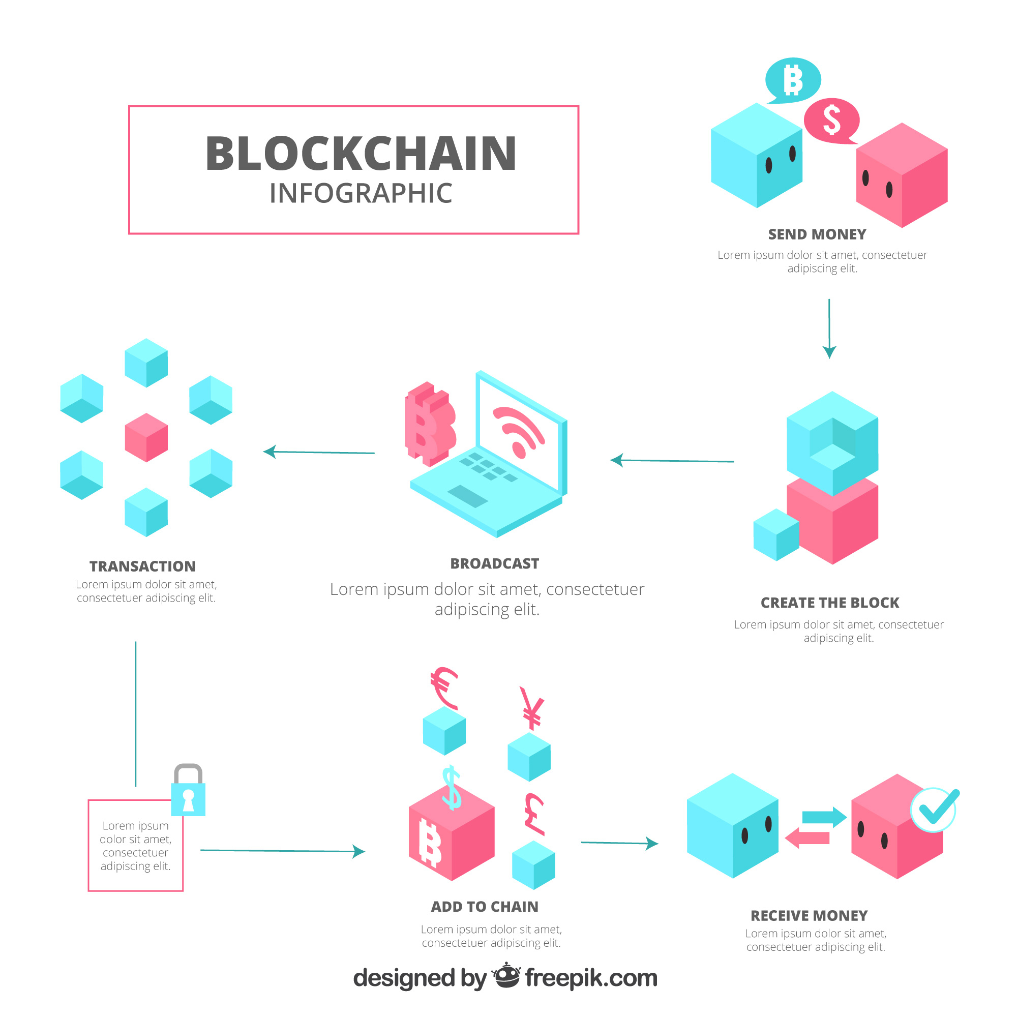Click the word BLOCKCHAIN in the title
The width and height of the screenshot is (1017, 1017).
361,154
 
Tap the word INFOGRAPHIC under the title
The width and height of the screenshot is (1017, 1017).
361,193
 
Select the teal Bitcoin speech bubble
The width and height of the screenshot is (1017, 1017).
793,80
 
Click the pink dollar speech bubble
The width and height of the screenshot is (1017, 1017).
832,120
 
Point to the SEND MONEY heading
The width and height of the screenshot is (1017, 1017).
817,234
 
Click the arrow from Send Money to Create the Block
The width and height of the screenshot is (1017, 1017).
829,328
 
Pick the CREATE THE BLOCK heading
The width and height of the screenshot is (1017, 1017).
829,603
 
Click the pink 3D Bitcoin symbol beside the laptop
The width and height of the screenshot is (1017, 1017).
429,424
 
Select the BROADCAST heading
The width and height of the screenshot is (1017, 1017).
494,564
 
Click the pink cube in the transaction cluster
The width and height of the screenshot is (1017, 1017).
146,437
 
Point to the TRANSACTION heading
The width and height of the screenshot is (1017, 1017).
142,566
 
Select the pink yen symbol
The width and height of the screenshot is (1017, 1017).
532,708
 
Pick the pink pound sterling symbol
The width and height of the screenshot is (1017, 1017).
534,813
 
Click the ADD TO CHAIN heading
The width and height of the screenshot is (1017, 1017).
484,907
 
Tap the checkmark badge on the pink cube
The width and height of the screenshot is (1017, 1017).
934,810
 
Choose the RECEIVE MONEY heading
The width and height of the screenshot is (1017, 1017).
809,916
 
